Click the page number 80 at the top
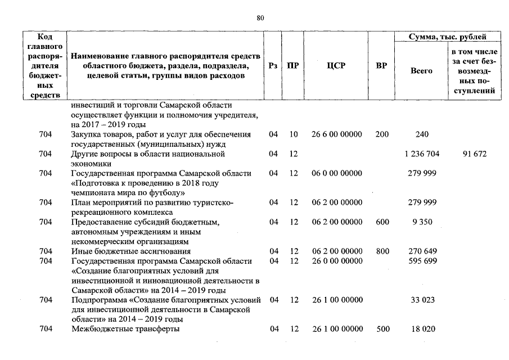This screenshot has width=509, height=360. pos(260,18)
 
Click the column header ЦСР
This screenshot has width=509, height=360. pos(336,66)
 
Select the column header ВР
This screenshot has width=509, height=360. pos(381,66)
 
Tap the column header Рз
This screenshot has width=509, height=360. pos(273,66)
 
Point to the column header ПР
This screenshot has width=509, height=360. pos(293,66)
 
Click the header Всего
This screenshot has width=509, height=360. pos(421,71)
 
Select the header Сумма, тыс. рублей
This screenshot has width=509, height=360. pos(448,37)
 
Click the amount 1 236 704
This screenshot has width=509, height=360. pos(422,154)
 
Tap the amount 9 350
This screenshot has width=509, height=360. pos(422,222)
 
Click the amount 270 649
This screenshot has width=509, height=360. pos(422,251)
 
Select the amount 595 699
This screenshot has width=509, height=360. pos(422,262)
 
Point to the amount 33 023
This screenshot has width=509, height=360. pos(422,300)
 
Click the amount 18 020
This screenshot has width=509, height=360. pos(422,330)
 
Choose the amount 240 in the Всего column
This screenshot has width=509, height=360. pos(422,134)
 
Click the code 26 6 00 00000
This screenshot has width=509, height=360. pos(336,134)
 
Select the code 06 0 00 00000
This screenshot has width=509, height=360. pos(336,173)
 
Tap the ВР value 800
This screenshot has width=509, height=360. pos(382,251)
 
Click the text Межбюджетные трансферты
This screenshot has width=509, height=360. pos(125,330)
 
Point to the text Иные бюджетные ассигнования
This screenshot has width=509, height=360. pos(130,251)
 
